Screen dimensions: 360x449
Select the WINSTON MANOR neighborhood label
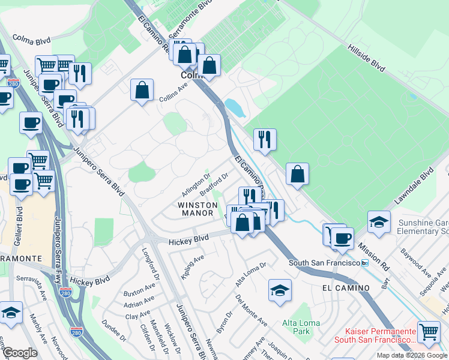click(x=196, y=209)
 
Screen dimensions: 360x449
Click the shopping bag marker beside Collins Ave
click(x=142, y=90)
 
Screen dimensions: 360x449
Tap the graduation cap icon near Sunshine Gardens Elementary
click(x=379, y=222)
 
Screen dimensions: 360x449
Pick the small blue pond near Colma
click(x=234, y=107)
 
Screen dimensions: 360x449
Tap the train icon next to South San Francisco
click(x=364, y=263)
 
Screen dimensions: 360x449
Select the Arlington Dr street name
click(x=196, y=185)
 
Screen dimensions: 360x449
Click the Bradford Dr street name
click(x=214, y=184)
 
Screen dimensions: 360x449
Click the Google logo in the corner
click(x=20, y=353)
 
